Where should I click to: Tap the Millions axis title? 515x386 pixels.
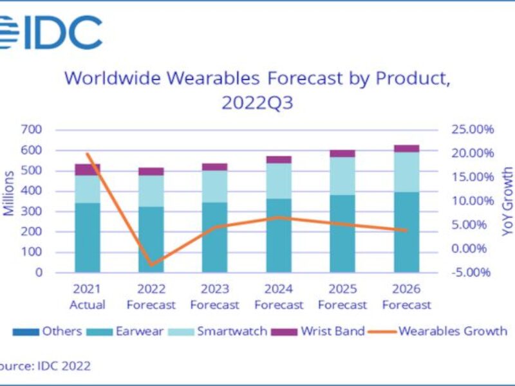point(9,193)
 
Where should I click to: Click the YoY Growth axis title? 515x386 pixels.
point(508,201)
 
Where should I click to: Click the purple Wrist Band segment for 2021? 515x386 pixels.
point(88,169)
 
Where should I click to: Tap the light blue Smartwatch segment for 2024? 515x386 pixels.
point(279,181)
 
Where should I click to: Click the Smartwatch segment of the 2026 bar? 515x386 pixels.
point(406,172)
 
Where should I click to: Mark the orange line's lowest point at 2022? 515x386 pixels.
point(151,264)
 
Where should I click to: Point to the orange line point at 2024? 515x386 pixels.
point(279,217)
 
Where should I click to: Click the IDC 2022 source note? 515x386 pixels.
point(45,366)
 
